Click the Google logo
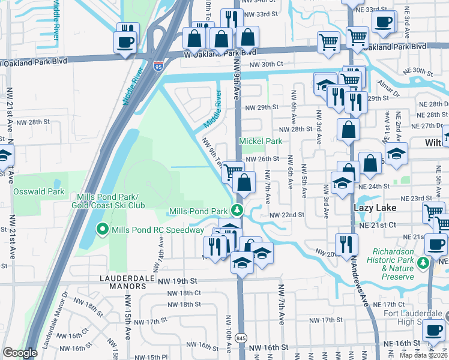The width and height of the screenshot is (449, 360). pos(20,353)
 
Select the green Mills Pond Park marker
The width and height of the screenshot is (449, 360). pos(238,211)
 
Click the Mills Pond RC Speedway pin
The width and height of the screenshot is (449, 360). pos(103,230)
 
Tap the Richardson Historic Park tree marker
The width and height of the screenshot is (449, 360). pos(424,262)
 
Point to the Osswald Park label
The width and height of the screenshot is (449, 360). pos(38,191)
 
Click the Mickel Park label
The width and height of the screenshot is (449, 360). pos(261,142)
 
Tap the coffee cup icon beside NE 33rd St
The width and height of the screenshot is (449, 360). pos(383,22)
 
